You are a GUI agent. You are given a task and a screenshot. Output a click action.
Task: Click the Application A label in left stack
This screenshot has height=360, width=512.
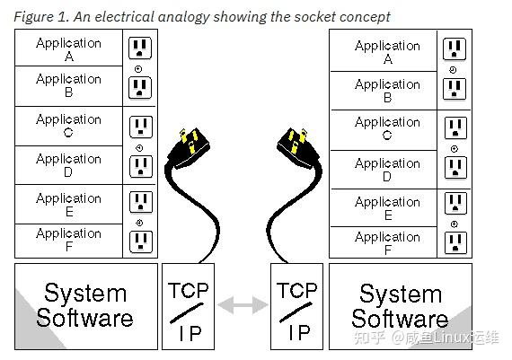pyautogui.click(x=68, y=48)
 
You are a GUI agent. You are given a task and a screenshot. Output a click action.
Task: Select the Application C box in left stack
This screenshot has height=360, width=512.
pyautogui.click(x=68, y=126)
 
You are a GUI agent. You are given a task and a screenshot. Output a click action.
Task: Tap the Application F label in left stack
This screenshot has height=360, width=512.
pyautogui.click(x=68, y=240)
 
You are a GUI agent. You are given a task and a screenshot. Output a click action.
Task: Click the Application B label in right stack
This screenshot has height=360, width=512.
pyautogui.click(x=387, y=91)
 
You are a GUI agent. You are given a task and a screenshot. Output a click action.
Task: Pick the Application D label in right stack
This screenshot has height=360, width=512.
pyautogui.click(x=387, y=170)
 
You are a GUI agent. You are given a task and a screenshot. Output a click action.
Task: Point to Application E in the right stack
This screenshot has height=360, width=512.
pyautogui.click(x=387, y=208)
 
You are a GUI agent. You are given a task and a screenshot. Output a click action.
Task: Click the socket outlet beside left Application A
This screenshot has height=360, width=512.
pyautogui.click(x=140, y=49)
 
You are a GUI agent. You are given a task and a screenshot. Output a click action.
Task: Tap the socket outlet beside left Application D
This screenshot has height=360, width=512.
pyautogui.click(x=140, y=166)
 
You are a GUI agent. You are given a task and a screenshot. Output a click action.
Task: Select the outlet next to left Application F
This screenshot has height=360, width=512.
pyautogui.click(x=140, y=241)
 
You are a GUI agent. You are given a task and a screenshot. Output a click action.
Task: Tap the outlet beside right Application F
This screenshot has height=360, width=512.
pyautogui.click(x=455, y=242)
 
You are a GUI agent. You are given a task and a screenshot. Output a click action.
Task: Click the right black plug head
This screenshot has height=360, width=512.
pyautogui.click(x=296, y=145)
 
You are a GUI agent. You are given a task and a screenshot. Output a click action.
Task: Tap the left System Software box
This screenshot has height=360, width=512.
pyautogui.click(x=85, y=305)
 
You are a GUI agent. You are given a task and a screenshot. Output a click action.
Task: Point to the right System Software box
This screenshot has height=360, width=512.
pyautogui.click(x=399, y=305)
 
